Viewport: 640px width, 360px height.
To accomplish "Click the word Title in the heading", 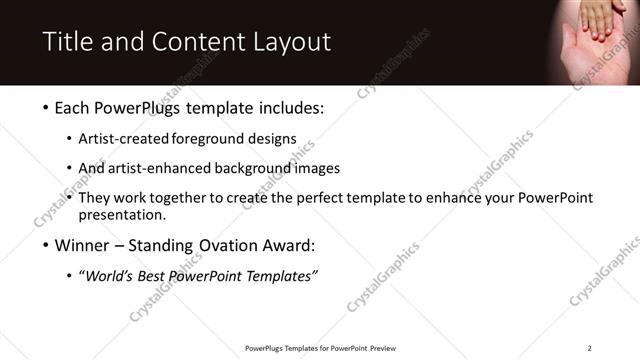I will click(67, 42).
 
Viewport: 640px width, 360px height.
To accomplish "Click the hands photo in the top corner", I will click(596, 40).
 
